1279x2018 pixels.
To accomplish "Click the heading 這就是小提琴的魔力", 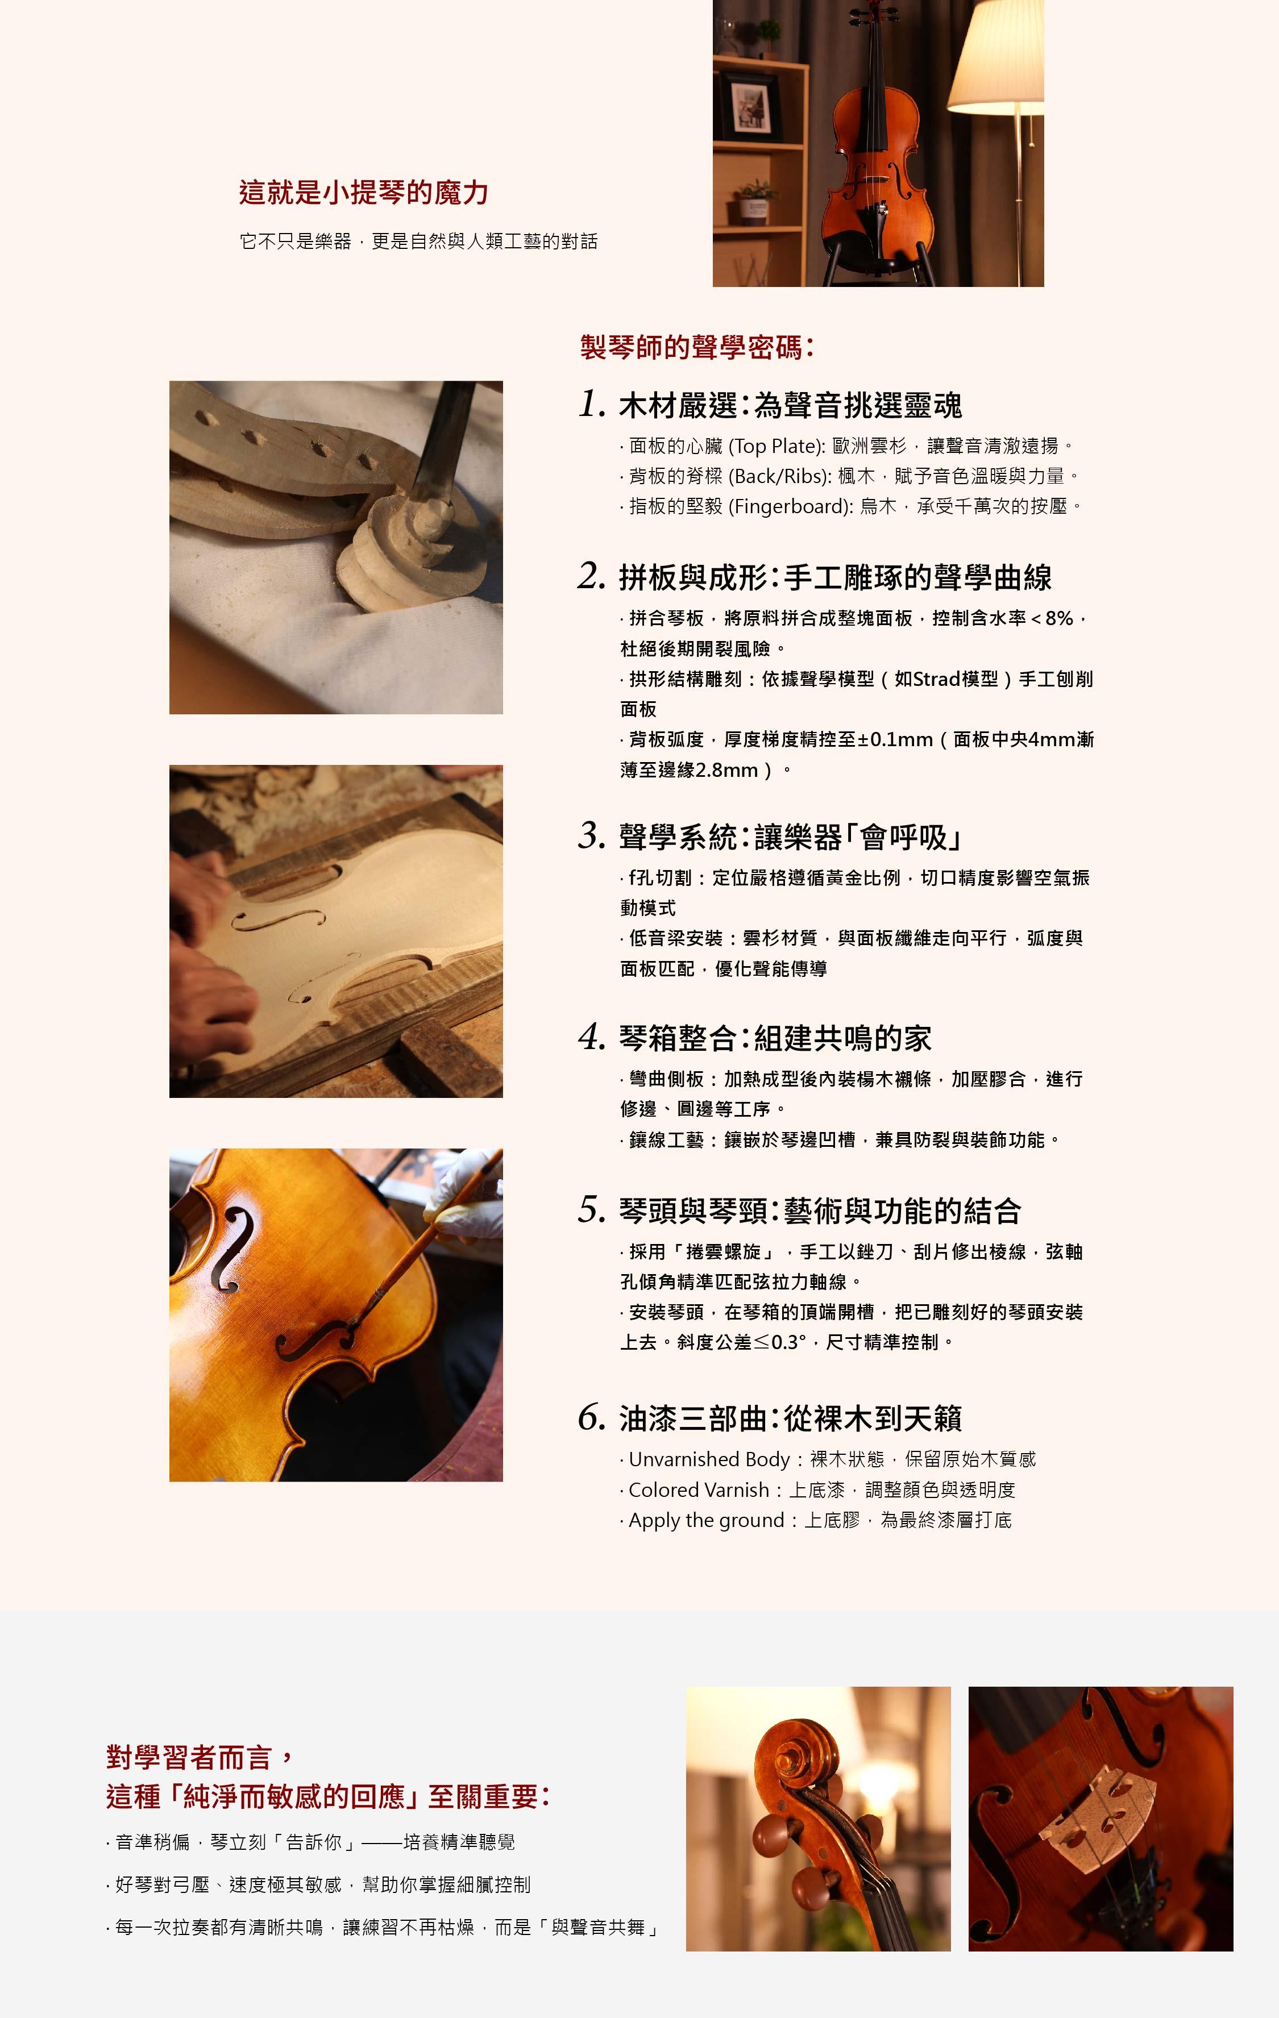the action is tap(364, 192).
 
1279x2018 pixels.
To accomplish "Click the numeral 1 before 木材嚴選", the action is tap(592, 404).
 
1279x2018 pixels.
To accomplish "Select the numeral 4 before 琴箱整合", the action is tap(592, 1038).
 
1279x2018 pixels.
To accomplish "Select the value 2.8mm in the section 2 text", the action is tap(726, 769).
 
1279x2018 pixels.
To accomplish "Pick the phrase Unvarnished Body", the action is tap(709, 1460).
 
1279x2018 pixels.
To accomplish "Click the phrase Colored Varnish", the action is tap(699, 1490).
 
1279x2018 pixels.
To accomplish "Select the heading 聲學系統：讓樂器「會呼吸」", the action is tap(790, 837).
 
